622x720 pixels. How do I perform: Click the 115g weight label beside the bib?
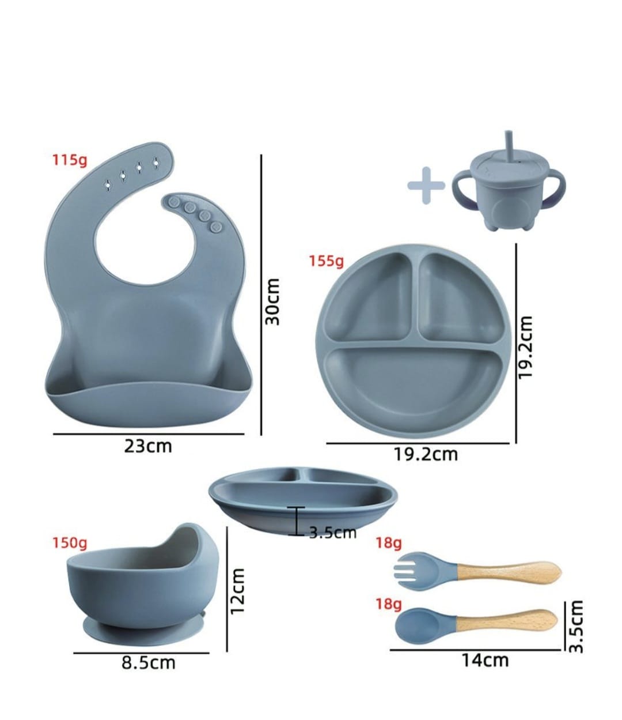click(70, 160)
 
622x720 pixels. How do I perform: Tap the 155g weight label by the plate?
click(326, 261)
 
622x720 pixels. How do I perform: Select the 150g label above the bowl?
click(70, 543)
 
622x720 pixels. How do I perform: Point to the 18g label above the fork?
click(389, 543)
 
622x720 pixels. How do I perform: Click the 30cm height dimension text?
click(272, 301)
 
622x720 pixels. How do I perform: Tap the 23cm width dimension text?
click(148, 446)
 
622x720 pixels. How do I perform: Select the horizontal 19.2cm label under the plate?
click(426, 454)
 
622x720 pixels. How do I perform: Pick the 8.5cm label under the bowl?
click(148, 663)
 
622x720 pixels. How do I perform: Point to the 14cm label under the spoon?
click(485, 660)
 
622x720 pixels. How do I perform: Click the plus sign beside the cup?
click(426, 186)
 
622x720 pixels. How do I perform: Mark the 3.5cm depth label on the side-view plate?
click(332, 533)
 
